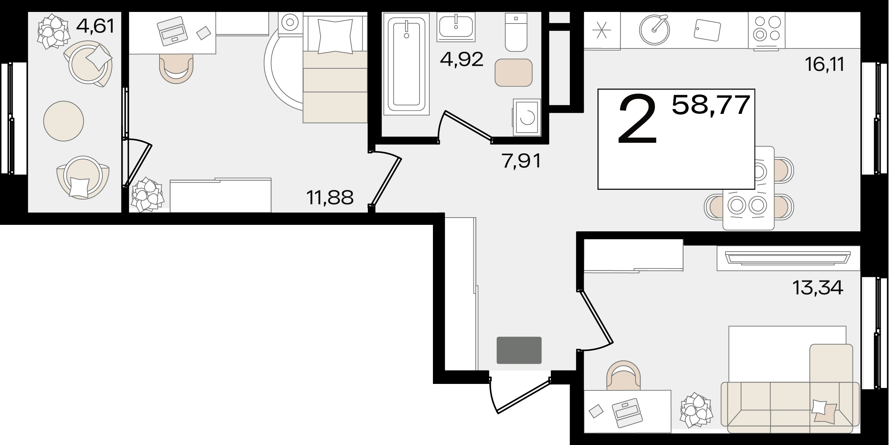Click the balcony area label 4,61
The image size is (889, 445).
95,26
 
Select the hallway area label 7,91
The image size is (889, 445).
521,161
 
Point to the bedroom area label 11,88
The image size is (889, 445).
329,198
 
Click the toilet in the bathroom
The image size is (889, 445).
516,32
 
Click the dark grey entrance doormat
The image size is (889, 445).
519,350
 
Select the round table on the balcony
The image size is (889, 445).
64,121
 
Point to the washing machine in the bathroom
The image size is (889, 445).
527,117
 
